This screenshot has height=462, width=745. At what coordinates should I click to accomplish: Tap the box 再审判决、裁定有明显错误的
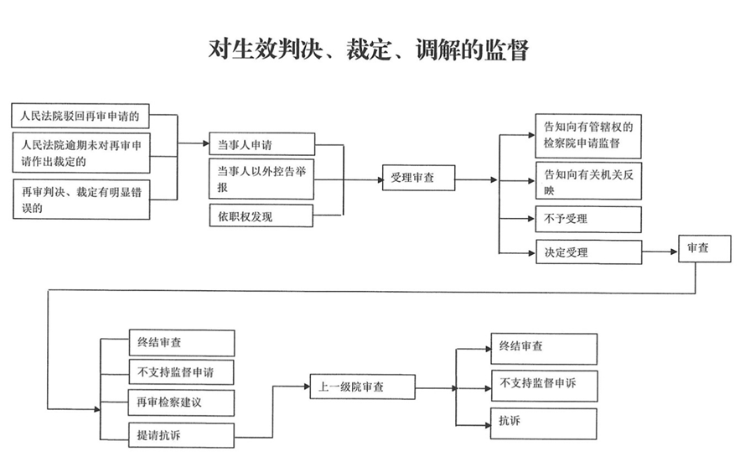81,199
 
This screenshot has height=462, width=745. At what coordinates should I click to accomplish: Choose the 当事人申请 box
261,144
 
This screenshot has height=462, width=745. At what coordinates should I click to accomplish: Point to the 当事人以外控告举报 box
261,179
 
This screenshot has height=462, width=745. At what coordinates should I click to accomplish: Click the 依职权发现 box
261,216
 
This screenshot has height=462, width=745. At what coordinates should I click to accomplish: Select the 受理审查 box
418,179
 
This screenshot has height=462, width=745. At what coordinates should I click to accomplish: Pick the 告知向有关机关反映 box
588,180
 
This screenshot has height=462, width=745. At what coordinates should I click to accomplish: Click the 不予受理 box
588,219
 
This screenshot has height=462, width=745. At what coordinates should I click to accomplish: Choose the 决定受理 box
588,252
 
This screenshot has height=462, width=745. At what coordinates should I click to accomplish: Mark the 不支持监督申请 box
181,371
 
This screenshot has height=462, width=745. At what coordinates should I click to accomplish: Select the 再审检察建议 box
181,402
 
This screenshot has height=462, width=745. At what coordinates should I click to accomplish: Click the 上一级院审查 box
362,387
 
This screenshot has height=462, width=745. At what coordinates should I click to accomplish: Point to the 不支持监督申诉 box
544,384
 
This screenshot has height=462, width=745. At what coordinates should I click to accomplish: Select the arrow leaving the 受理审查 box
477,179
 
